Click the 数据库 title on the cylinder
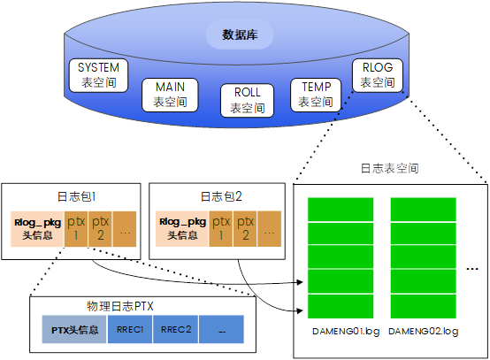point(234,35)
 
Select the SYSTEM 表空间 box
point(98,75)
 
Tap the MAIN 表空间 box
point(170,95)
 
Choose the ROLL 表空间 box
point(248,100)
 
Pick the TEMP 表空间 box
point(316,95)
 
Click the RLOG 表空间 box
point(378,75)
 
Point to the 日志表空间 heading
point(389,167)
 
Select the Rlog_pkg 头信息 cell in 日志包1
point(36,228)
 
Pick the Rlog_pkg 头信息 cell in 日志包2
point(182,228)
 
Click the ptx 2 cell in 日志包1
point(100,228)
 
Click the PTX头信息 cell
point(73,330)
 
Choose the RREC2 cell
point(175,330)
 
